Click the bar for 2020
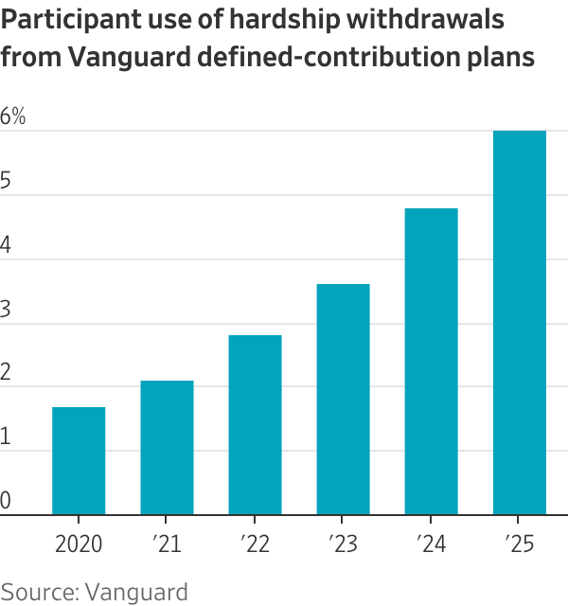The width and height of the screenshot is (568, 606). pyautogui.click(x=79, y=461)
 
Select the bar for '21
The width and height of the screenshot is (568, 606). pyautogui.click(x=167, y=448)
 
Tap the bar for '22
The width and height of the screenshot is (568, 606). pyautogui.click(x=255, y=425)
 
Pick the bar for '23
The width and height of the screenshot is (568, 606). pyautogui.click(x=343, y=400)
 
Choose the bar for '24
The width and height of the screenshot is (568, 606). pyautogui.click(x=431, y=362)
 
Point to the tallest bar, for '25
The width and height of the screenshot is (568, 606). pyautogui.click(x=520, y=323)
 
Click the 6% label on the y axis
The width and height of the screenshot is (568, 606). pyautogui.click(x=13, y=117)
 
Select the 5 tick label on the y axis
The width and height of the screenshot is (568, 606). pyautogui.click(x=7, y=182)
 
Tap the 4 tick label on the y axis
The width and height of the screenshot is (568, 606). pyautogui.click(x=7, y=246)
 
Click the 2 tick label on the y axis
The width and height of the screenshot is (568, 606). pyautogui.click(x=7, y=374)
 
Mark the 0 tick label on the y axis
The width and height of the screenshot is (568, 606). pyautogui.click(x=7, y=501)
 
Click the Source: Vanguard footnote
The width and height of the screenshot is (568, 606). pyautogui.click(x=94, y=592)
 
